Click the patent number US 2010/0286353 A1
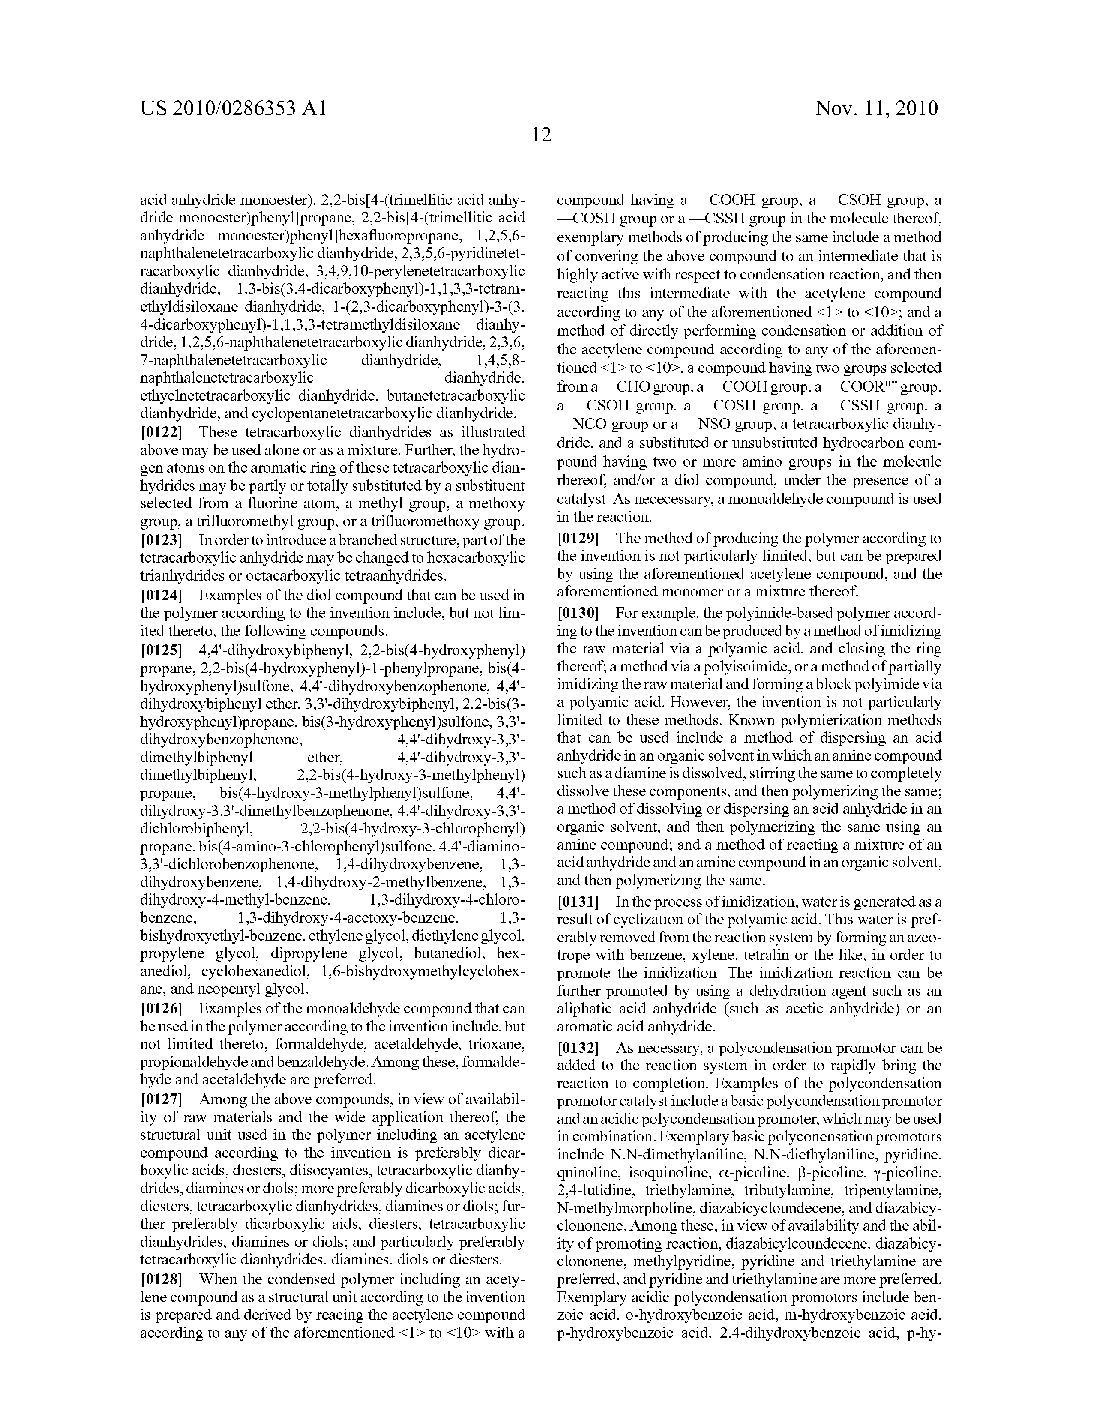[233, 108]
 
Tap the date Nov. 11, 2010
[877, 108]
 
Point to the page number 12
[541, 135]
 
